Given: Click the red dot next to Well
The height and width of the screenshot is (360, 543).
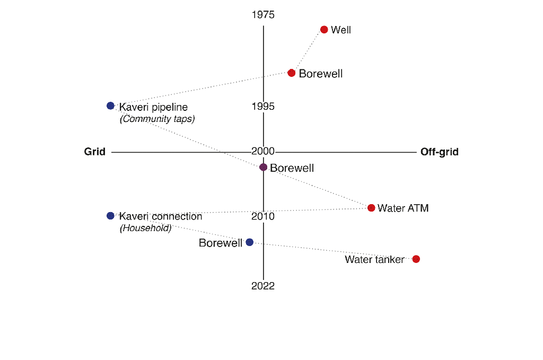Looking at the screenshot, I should coord(324,30).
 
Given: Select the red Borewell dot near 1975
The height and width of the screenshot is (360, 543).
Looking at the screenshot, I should coord(291,73).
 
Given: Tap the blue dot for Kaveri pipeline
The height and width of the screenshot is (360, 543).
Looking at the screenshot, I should coord(110,106).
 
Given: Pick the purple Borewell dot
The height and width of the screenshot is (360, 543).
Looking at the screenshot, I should coord(263,168).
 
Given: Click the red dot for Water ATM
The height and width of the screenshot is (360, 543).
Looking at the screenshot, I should coord(371,208).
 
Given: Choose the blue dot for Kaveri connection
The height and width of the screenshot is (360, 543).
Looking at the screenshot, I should coord(110,216).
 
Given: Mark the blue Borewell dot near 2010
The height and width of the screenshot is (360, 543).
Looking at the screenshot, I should coord(250,242).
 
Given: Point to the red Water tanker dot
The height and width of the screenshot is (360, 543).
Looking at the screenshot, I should coord(416,259).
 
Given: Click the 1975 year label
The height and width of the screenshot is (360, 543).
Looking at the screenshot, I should coord(263,15).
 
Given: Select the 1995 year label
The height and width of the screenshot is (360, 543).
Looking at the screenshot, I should coord(263,107).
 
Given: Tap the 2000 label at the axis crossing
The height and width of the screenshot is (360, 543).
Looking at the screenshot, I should coord(263,152).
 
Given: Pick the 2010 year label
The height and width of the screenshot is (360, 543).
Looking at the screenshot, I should coord(263,217).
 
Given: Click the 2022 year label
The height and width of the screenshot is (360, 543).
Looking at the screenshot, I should coord(263,286).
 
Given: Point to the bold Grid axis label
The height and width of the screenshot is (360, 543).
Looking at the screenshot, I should coord(95,152).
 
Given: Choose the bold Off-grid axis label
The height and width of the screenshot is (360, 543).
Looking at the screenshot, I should coord(440,152).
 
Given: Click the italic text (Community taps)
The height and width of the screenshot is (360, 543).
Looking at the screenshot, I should coord(157,119).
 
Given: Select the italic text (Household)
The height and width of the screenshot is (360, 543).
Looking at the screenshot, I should coord(146,229).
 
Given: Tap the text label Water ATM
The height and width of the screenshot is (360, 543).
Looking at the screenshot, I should coord(403,208).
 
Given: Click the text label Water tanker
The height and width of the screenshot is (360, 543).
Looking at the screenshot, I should coord(374,260).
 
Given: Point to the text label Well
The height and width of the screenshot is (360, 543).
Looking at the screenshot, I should coord(341,30).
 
